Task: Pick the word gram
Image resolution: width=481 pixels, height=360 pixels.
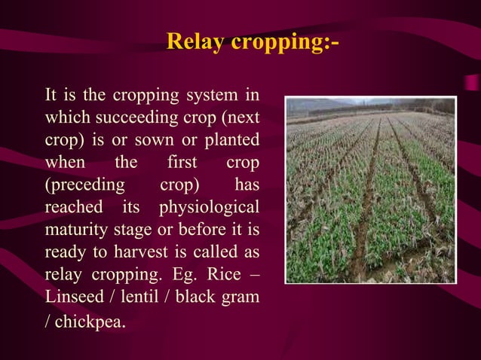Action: [x=244, y=294]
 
